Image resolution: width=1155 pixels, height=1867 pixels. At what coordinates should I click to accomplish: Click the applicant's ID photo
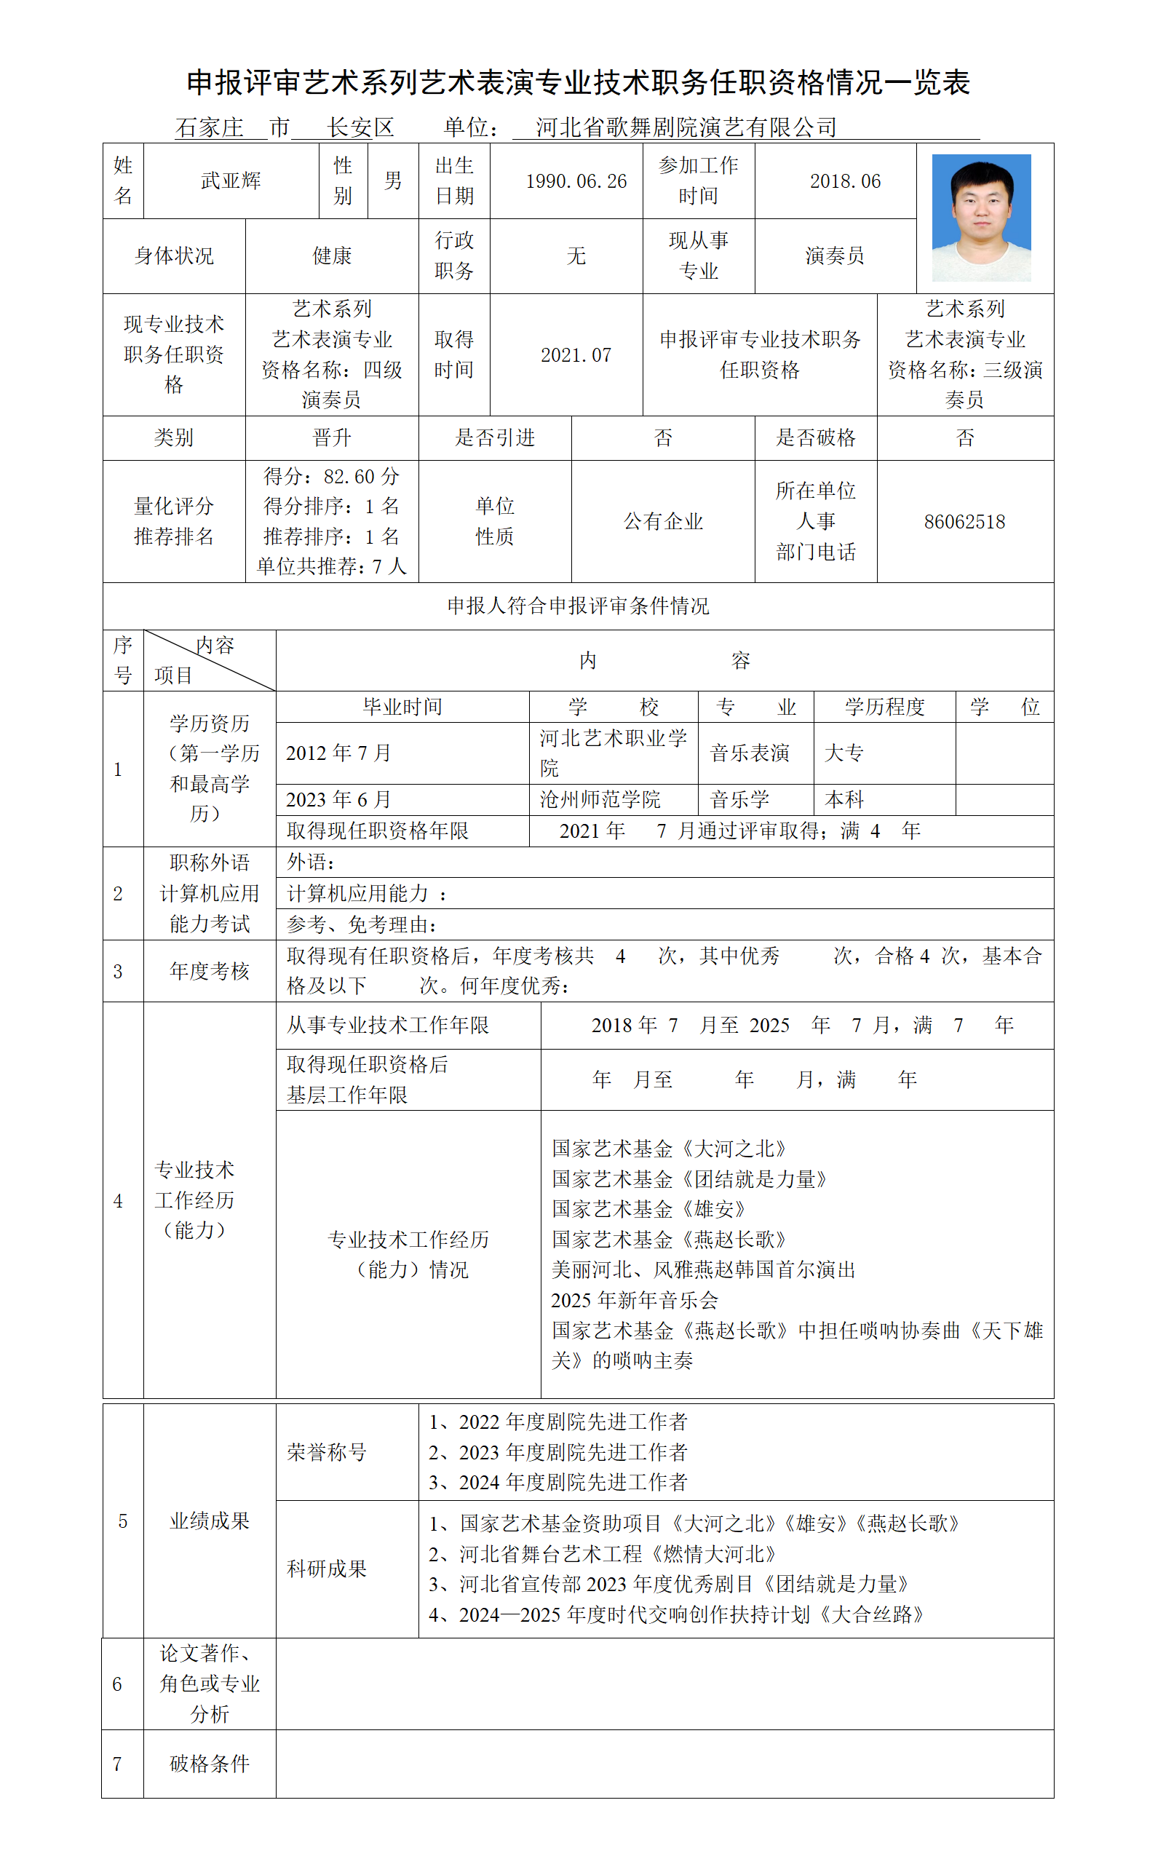[981, 218]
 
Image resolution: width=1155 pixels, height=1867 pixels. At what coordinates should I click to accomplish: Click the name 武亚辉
[231, 181]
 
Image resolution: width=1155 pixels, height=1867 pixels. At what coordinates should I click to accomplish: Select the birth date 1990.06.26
[576, 181]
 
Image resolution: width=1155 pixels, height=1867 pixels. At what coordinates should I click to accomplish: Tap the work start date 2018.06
[845, 181]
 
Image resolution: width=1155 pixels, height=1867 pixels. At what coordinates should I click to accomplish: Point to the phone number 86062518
[964, 522]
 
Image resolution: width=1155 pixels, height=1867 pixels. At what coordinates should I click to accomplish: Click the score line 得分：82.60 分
[332, 477]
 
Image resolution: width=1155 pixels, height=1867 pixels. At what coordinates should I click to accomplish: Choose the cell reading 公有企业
[663, 522]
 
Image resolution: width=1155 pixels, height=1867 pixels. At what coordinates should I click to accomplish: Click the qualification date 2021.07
[576, 355]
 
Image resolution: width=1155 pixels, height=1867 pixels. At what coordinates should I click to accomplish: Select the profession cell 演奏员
[834, 256]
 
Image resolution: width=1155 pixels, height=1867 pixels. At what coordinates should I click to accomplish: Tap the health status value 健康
[332, 256]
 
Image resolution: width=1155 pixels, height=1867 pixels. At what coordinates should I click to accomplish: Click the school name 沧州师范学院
[600, 800]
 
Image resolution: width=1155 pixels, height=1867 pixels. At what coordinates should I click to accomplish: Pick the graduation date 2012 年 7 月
[338, 753]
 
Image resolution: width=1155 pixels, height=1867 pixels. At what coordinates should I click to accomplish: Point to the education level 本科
[844, 800]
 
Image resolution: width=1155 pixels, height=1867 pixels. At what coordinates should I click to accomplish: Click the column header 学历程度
[884, 707]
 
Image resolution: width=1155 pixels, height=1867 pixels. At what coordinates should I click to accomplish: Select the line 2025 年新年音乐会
[634, 1300]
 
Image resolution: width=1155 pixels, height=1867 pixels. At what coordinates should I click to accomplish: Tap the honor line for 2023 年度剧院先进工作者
[557, 1452]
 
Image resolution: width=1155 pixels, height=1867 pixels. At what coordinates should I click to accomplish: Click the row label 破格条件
[210, 1764]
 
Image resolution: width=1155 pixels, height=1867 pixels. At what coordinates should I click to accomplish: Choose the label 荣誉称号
[326, 1452]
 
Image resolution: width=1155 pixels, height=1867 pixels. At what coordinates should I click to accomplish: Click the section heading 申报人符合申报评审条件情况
[579, 606]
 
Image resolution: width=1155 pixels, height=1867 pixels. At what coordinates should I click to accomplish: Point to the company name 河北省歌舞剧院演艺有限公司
[686, 127]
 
